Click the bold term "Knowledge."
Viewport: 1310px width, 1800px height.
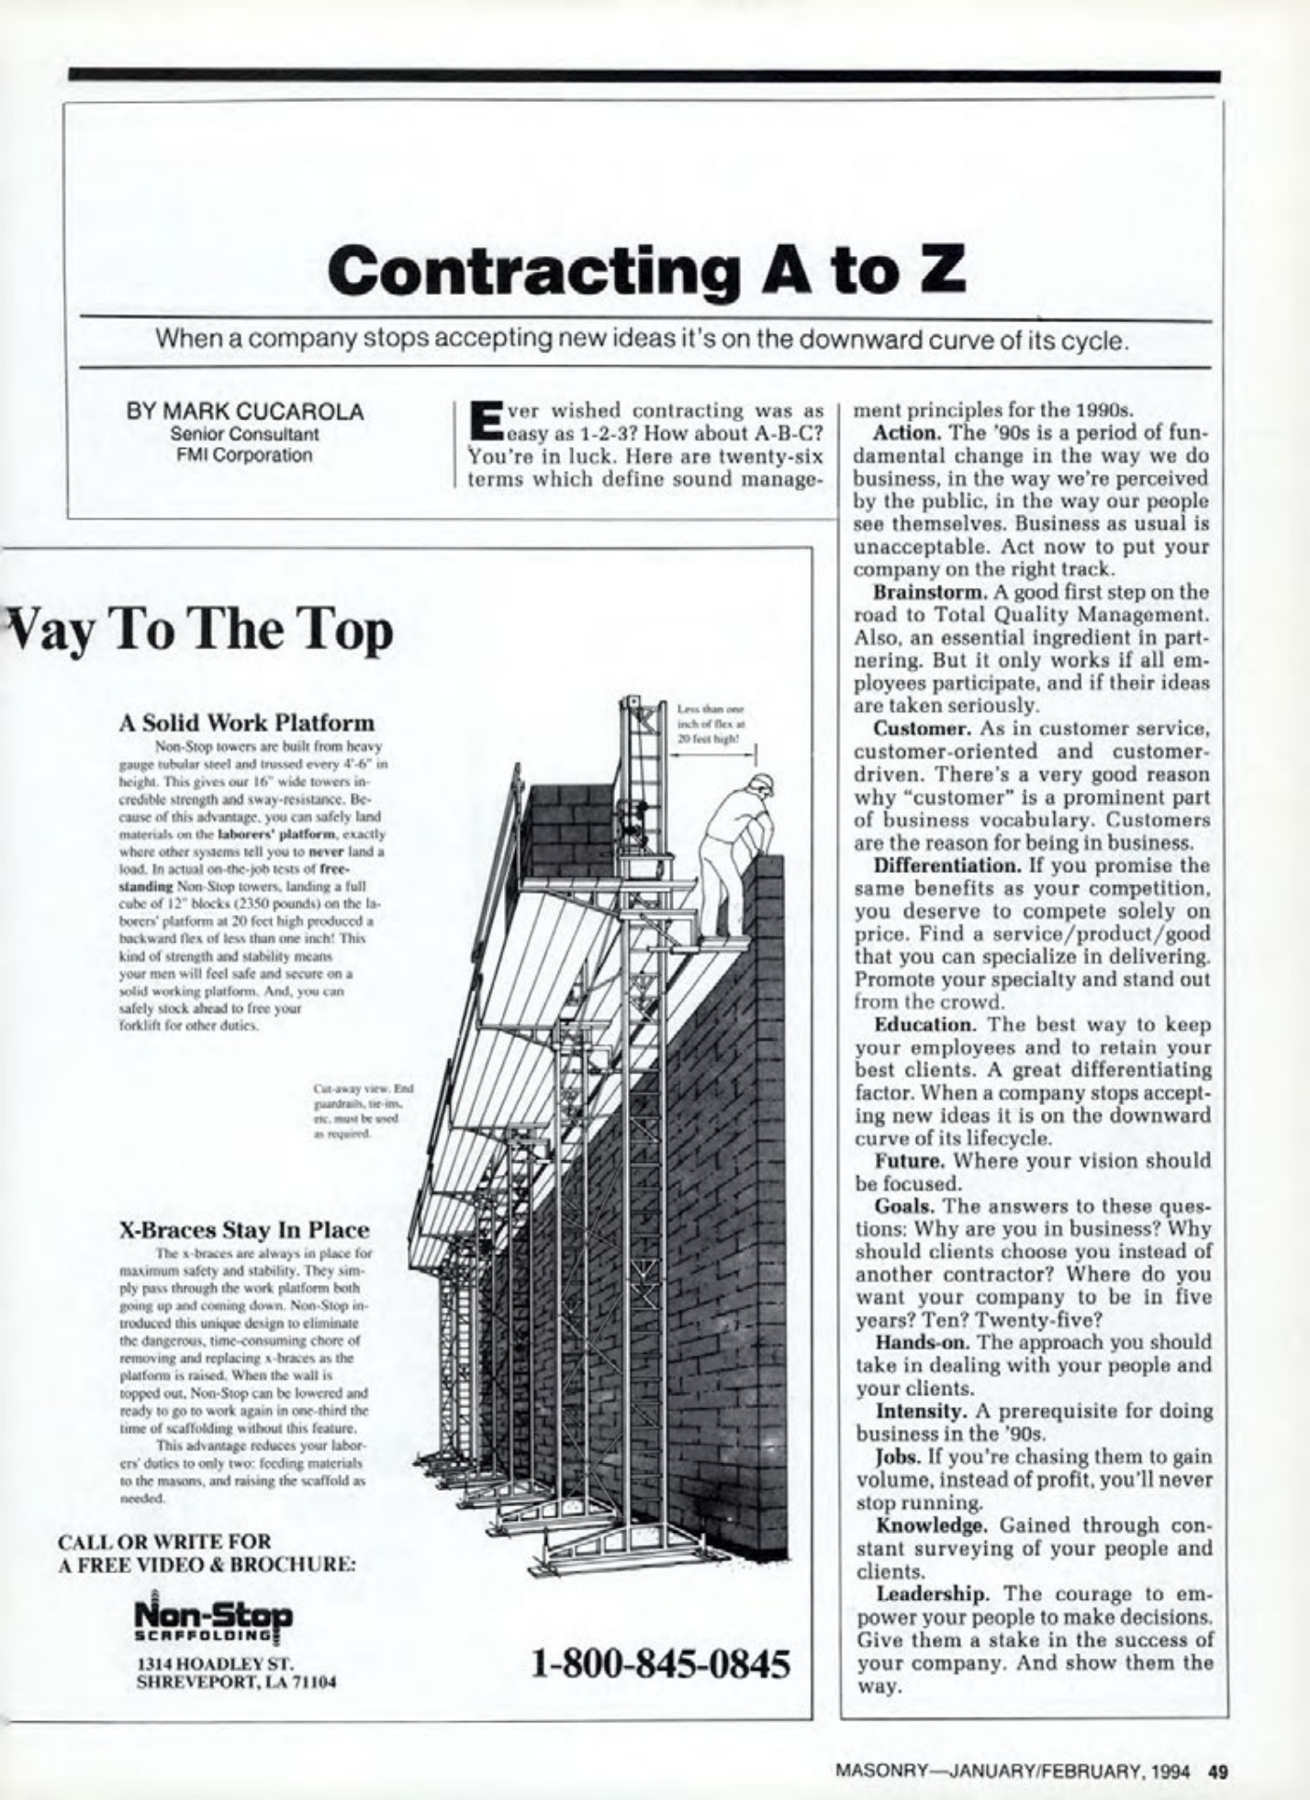click(x=932, y=1525)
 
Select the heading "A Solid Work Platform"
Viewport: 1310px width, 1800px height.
click(x=247, y=722)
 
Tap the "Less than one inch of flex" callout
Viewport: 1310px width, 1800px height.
click(x=711, y=723)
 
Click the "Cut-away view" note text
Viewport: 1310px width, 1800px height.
click(x=364, y=1112)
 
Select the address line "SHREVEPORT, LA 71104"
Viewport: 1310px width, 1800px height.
click(x=236, y=1683)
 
